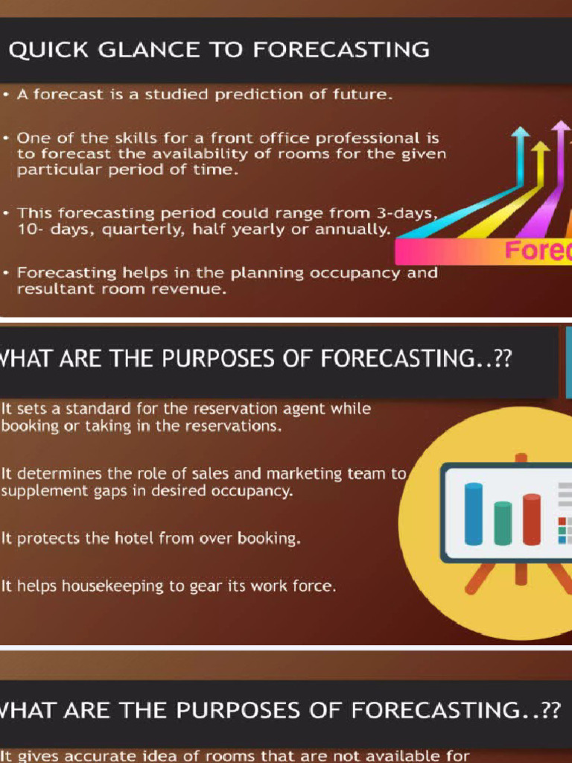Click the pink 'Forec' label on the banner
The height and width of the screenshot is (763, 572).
[537, 251]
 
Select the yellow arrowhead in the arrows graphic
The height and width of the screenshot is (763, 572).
[541, 148]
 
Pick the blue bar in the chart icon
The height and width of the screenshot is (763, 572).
[474, 513]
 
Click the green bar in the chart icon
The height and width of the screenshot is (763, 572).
[503, 523]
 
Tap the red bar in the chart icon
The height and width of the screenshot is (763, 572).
[531, 519]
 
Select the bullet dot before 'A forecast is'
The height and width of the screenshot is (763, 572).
[6, 95]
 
